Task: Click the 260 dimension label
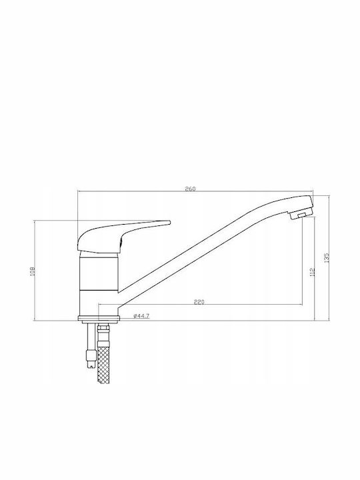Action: coord(190,189)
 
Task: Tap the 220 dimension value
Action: coord(199,302)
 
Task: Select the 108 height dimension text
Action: coord(33,271)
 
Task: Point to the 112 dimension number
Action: coord(312,272)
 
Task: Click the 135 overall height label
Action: coord(327,257)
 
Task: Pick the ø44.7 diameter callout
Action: coord(141,316)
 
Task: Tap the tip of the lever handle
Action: coord(169,222)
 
